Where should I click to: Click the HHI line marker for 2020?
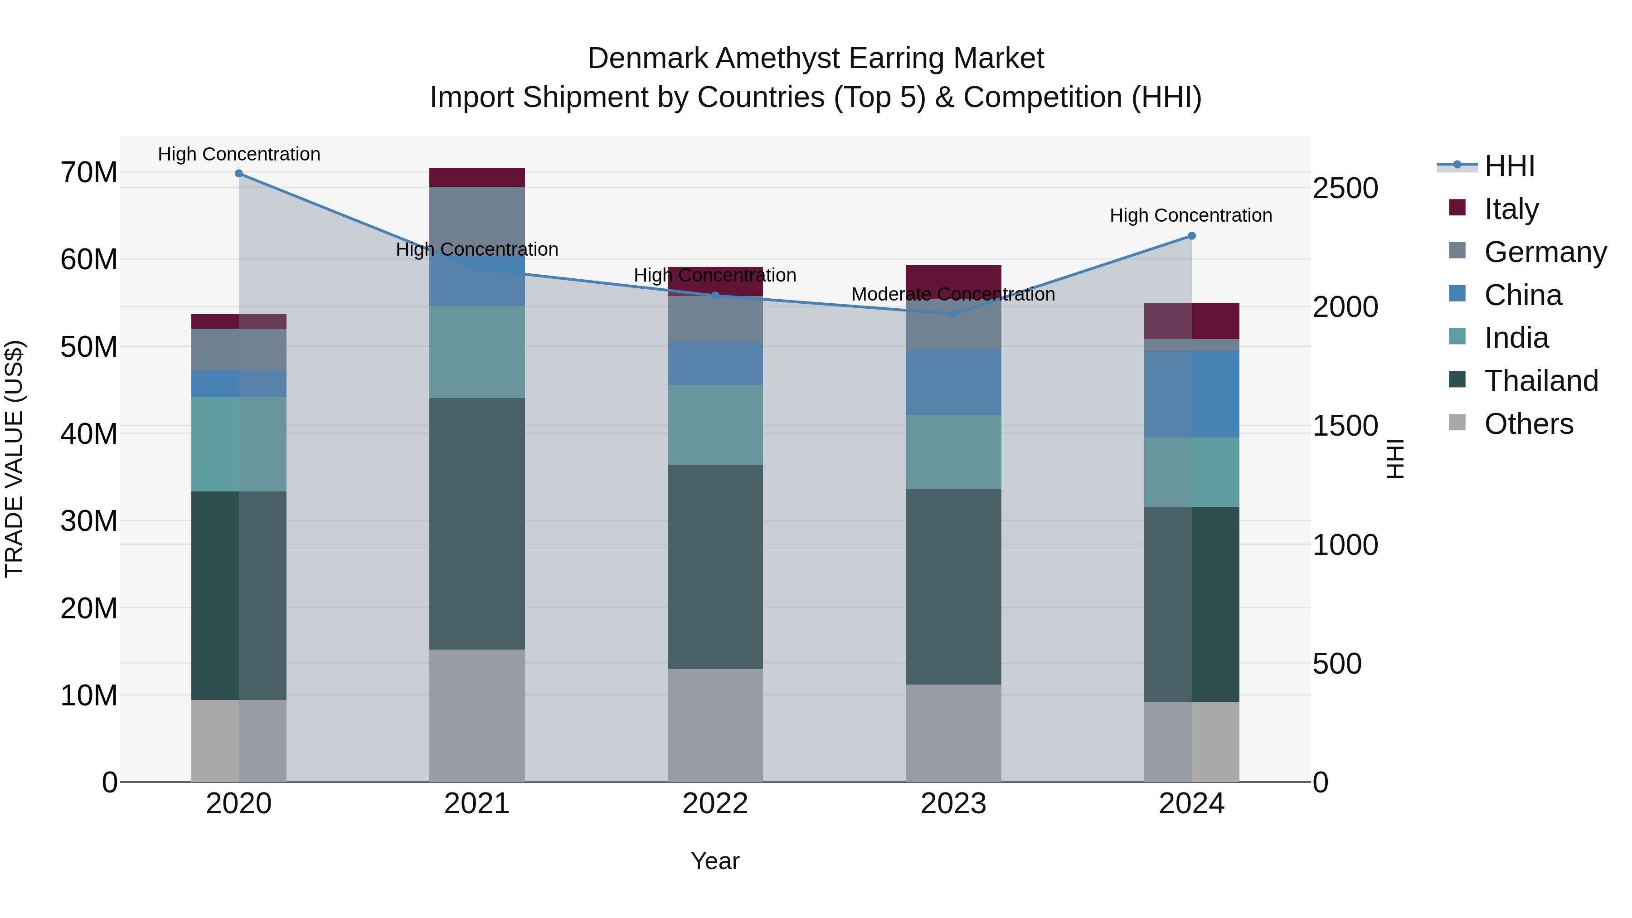(x=239, y=174)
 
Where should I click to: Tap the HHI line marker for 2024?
(x=1191, y=236)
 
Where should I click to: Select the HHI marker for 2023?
(x=953, y=314)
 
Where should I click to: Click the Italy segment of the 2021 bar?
(x=477, y=177)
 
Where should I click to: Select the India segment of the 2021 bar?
(x=477, y=352)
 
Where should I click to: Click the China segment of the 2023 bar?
(x=953, y=382)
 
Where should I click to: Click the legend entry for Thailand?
(x=1541, y=381)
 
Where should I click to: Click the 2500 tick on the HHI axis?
(x=1345, y=188)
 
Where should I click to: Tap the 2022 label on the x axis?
(x=715, y=804)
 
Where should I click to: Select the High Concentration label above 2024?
(x=1191, y=215)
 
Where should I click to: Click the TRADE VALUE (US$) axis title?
(x=14, y=459)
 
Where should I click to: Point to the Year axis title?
(x=715, y=861)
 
